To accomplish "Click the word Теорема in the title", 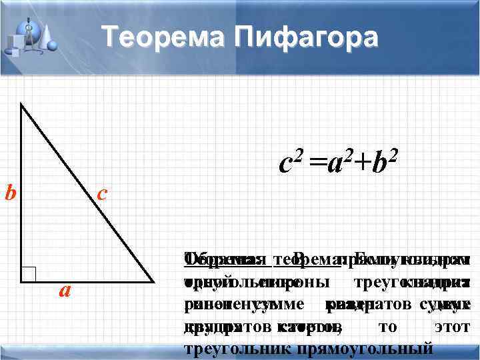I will pyautogui.click(x=161, y=36).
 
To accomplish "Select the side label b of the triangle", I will pyautogui.click(x=10, y=193).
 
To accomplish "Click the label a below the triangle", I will pyautogui.click(x=65, y=291).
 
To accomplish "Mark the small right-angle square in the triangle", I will pyautogui.click(x=28, y=275).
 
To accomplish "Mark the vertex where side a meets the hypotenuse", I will pyautogui.click(x=151, y=281).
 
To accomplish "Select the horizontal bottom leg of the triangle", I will pyautogui.click(x=87, y=281).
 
